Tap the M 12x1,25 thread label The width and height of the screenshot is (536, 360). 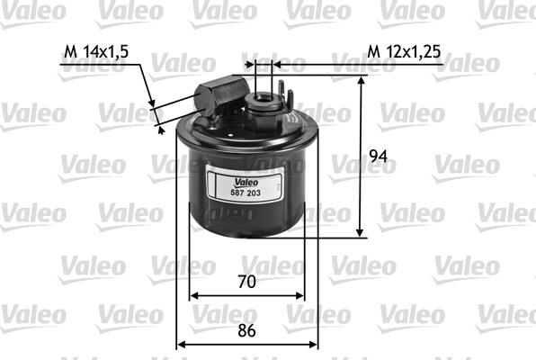(404, 52)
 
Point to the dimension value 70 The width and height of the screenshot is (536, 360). (246, 281)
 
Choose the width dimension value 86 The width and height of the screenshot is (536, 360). (246, 330)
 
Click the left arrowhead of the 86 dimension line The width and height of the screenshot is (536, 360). (179, 344)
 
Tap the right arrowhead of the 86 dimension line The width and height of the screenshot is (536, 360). (316, 344)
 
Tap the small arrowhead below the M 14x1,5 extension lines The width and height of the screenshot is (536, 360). (162, 130)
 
